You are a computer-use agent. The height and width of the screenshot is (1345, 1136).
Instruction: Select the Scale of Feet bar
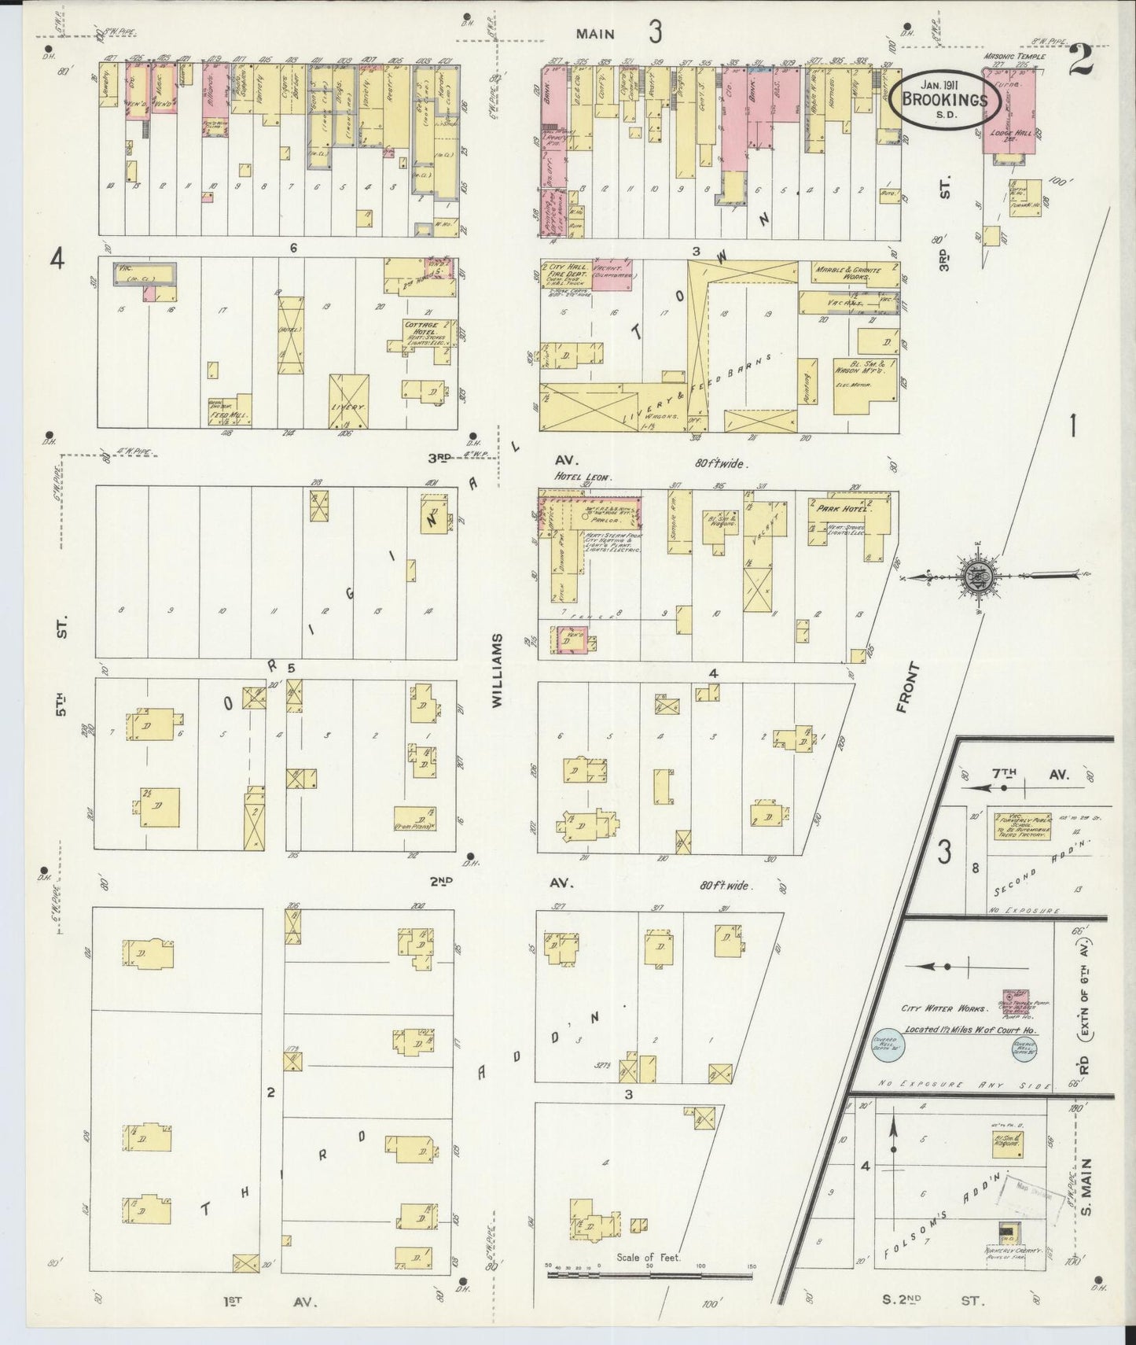(x=649, y=1273)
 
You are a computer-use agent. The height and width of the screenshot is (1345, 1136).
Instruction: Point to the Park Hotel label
(x=834, y=508)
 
